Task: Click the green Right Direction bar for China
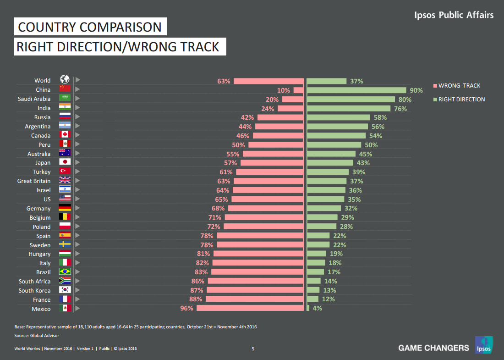pos(356,90)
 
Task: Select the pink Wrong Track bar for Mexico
pos(250,309)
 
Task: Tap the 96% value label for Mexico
pos(186,309)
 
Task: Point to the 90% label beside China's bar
pos(416,90)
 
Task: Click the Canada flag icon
pos(65,135)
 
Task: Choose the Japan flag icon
pos(65,162)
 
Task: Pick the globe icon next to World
pos(65,80)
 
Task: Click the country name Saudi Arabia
pos(34,99)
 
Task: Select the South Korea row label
pos(35,290)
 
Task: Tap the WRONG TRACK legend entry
pos(459,86)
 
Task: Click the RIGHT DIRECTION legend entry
pos(461,100)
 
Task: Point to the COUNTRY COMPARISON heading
pos(90,27)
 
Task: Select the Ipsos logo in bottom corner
pos(483,345)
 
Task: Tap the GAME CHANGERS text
pos(433,348)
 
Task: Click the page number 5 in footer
pos(253,349)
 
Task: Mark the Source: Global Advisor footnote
pos(37,336)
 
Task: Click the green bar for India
pos(348,109)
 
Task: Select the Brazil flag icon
pos(65,272)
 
